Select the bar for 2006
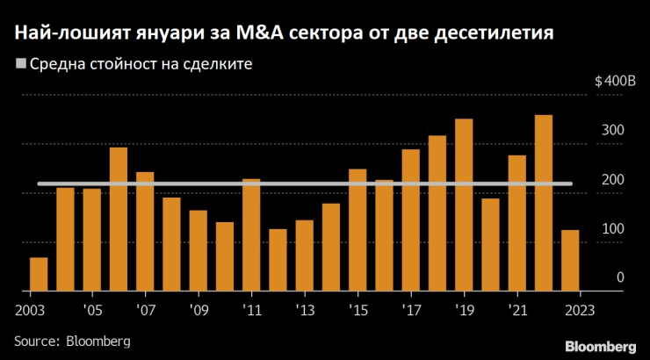(x=119, y=219)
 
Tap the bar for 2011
(x=251, y=234)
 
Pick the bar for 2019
(x=464, y=205)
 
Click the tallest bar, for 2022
(x=544, y=203)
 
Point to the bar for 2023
(x=570, y=260)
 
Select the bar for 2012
(x=278, y=260)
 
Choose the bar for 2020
(x=490, y=244)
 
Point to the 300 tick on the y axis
(x=612, y=130)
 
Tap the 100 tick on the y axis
(x=612, y=228)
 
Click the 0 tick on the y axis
(x=619, y=277)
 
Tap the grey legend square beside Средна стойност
(x=20, y=64)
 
